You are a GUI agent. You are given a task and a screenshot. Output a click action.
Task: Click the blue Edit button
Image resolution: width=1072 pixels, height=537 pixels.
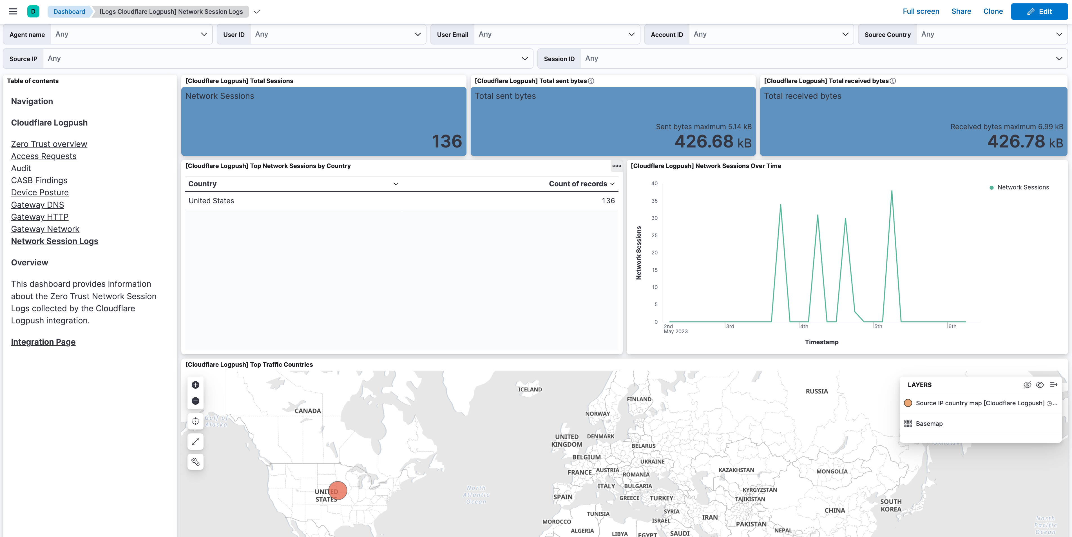[x=1039, y=11]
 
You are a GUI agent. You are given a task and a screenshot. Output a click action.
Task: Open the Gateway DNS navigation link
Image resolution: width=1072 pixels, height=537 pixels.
[x=37, y=205]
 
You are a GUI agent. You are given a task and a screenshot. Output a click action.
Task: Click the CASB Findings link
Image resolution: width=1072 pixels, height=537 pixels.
[x=39, y=180]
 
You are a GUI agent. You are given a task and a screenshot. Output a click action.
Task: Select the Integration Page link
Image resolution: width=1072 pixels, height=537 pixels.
[x=43, y=342]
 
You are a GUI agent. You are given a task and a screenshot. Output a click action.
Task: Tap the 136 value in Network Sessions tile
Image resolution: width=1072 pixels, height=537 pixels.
[x=446, y=141]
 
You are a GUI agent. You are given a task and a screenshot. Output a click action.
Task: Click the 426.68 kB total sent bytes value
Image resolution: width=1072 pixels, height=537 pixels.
[x=713, y=141]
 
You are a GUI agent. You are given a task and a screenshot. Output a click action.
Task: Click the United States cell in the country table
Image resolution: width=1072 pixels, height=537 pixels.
[x=211, y=200]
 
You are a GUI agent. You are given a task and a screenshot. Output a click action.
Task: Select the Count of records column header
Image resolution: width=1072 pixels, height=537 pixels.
[x=578, y=184]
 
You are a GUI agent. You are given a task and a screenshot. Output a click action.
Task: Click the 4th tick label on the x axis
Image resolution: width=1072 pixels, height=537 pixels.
[x=804, y=326]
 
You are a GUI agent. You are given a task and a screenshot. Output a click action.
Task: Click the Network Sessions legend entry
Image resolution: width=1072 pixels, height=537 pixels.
[x=1022, y=187]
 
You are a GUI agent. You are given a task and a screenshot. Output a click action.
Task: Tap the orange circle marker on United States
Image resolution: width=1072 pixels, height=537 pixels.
[x=338, y=490]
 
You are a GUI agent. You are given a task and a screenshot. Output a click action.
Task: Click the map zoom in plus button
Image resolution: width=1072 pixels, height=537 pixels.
[x=195, y=385]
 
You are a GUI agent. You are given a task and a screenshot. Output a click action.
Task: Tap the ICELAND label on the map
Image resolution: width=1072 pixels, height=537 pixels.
[x=530, y=389]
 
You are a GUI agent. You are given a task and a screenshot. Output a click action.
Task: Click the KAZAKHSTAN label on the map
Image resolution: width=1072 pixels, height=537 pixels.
[x=736, y=470]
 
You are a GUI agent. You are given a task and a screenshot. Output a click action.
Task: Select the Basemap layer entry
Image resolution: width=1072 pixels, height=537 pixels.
[x=929, y=424]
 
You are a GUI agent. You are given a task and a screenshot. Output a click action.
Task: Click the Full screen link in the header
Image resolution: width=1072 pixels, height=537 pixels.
[x=921, y=11]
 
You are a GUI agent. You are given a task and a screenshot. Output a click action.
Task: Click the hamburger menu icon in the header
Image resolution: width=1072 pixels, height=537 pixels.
[x=13, y=11]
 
